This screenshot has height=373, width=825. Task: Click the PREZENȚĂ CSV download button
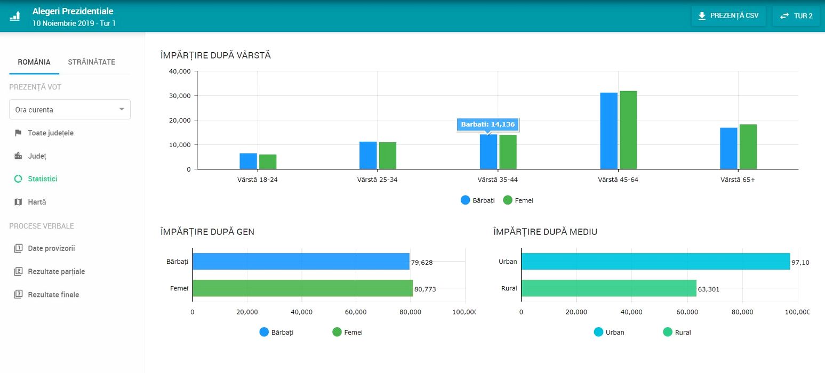click(x=728, y=16)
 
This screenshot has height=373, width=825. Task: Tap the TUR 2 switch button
click(x=796, y=16)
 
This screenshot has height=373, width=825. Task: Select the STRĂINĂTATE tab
click(x=91, y=62)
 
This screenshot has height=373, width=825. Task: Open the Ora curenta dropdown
click(x=70, y=110)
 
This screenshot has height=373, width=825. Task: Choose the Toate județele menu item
click(x=50, y=133)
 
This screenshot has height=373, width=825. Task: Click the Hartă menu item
click(x=37, y=202)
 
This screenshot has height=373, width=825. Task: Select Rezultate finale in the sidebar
click(x=53, y=295)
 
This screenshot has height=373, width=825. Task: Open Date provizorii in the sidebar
click(x=51, y=249)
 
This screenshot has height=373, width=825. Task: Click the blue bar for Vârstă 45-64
click(x=608, y=131)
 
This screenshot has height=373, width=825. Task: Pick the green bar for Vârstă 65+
click(x=748, y=147)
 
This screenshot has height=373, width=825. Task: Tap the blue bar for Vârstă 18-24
click(x=248, y=161)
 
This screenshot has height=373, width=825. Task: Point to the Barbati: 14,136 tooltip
click(x=488, y=125)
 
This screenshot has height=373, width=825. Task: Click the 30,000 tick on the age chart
click(x=180, y=96)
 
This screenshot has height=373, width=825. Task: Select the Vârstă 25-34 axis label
click(x=377, y=180)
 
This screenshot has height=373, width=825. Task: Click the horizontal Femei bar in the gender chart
click(x=302, y=288)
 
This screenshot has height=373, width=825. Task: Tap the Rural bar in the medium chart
click(x=608, y=288)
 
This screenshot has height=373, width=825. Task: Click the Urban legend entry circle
click(x=598, y=332)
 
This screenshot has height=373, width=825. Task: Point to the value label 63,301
click(x=710, y=289)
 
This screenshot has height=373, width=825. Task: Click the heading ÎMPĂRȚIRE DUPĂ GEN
click(x=207, y=232)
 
